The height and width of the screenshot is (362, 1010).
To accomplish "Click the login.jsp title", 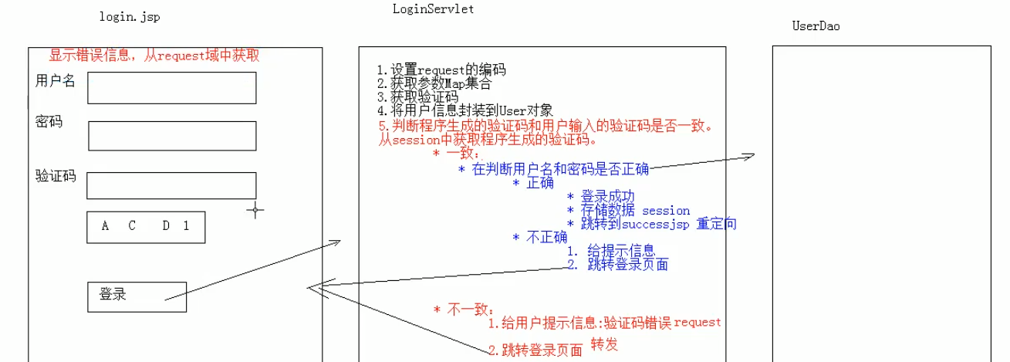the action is coord(130,16).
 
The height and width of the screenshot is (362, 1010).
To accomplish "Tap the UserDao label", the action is coord(816,26).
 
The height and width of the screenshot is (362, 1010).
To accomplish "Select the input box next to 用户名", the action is coord(171,88).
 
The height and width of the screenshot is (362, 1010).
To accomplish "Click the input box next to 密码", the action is coord(171,135).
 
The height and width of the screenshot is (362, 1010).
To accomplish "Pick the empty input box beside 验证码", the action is coord(171,185).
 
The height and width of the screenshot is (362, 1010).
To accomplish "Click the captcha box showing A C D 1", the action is coord(146,227).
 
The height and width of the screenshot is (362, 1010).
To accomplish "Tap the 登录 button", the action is coord(137,296).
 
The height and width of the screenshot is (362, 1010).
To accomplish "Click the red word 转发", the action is coord(605,344).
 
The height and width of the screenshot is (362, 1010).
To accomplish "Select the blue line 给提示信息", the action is coord(621,250).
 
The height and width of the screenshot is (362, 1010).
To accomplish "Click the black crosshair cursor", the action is coord(255,209).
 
